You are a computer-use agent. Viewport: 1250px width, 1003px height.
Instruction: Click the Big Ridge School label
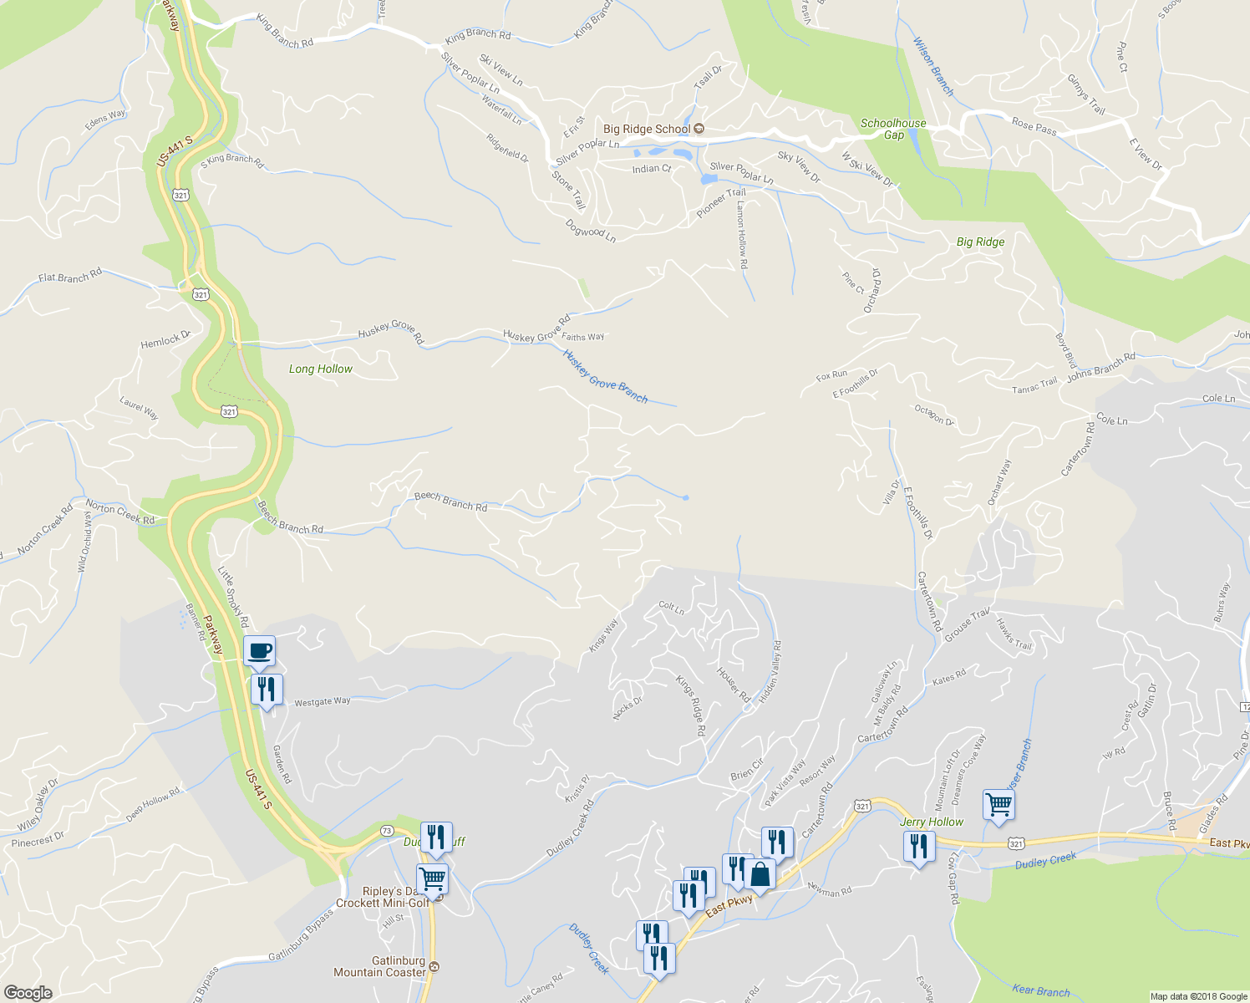(647, 129)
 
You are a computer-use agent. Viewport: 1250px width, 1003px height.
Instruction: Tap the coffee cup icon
(259, 650)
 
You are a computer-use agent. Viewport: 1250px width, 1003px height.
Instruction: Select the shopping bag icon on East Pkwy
(760, 874)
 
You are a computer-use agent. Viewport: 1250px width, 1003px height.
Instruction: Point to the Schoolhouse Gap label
(893, 129)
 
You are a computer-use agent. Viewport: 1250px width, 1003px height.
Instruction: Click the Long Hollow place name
(321, 369)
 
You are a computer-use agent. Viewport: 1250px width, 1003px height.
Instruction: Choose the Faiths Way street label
(583, 337)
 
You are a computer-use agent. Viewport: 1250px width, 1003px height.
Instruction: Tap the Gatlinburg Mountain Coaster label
(380, 966)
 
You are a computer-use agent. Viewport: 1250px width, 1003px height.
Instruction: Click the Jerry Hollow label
(932, 822)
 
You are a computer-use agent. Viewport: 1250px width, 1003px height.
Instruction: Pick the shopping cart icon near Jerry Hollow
(998, 804)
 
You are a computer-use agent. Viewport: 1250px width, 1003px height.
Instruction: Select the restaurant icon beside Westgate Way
(267, 690)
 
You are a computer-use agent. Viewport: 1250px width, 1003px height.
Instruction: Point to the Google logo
(28, 993)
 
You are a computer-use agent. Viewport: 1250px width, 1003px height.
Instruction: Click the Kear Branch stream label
(1040, 991)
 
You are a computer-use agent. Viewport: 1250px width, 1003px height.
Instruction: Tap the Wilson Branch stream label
(932, 66)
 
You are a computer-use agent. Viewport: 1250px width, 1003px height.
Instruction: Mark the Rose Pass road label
(1034, 126)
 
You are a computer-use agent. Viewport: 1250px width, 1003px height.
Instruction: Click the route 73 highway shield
(386, 830)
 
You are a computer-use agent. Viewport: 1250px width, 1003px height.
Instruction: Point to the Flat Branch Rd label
(70, 276)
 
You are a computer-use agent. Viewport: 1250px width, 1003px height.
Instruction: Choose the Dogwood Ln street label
(590, 231)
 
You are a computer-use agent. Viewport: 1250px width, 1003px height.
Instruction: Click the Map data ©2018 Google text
(1198, 996)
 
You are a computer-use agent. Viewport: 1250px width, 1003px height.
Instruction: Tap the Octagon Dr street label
(933, 415)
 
